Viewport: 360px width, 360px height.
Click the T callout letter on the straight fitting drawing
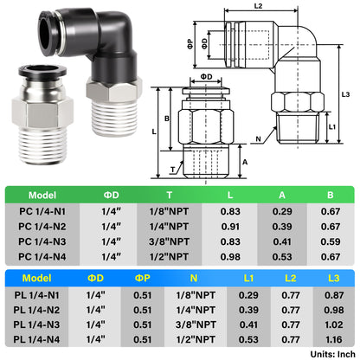(173, 171)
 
